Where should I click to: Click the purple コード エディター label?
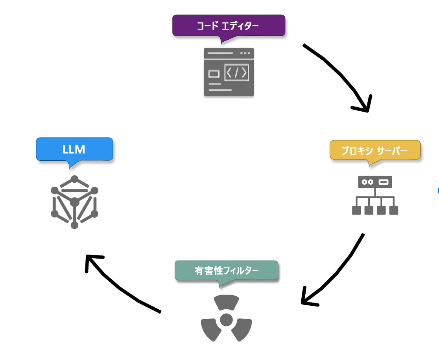click(229, 26)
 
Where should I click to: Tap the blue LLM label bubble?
click(74, 149)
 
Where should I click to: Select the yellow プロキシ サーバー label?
click(374, 151)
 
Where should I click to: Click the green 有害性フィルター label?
click(226, 270)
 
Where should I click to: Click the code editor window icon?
click(229, 72)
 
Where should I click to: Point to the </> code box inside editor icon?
click(236, 73)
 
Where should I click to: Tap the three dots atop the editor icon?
click(245, 53)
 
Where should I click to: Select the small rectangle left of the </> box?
click(214, 73)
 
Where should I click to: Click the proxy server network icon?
click(375, 195)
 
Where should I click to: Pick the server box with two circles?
click(375, 182)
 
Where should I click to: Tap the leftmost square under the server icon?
click(356, 210)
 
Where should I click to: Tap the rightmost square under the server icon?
click(393, 210)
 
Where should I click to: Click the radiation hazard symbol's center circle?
click(226, 320)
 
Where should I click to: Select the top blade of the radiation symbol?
click(226, 302)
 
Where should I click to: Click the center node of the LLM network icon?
click(74, 202)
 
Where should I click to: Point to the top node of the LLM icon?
click(74, 179)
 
